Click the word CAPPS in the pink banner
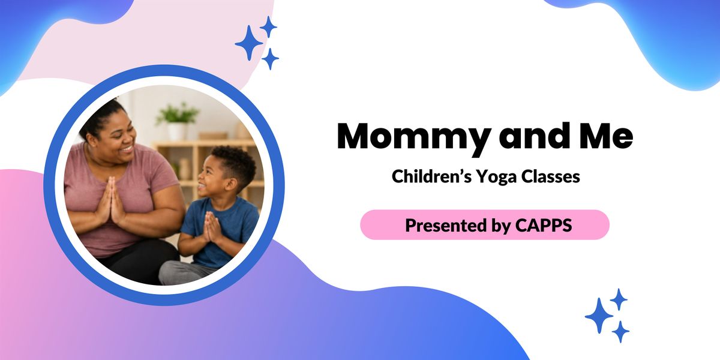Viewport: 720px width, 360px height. pyautogui.click(x=543, y=225)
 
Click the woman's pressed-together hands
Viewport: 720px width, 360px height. pyautogui.click(x=110, y=200)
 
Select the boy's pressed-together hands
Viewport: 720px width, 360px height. pyautogui.click(x=211, y=227)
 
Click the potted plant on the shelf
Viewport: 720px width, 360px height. pyautogui.click(x=177, y=121)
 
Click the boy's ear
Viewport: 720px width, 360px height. pyautogui.click(x=231, y=185)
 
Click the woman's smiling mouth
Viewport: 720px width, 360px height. pyautogui.click(x=128, y=149)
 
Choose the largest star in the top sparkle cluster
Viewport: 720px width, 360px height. pyautogui.click(x=249, y=43)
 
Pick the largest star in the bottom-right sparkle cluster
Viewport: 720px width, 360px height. pyautogui.click(x=599, y=316)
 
